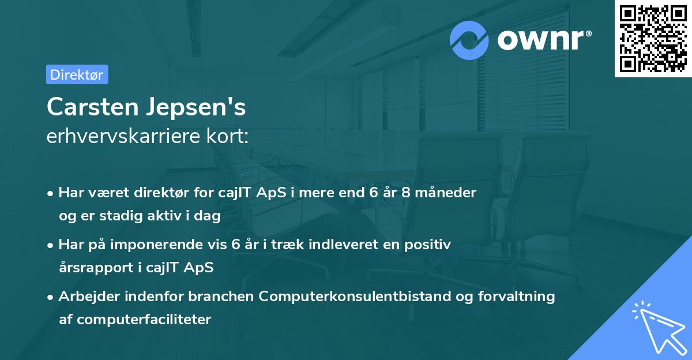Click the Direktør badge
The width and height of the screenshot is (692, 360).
click(77, 74)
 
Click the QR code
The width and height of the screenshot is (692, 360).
click(653, 38)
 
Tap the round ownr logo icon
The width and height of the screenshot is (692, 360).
click(469, 40)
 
